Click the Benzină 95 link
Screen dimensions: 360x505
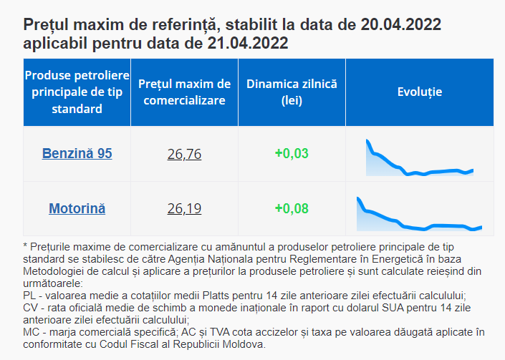77,153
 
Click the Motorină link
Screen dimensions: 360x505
77,209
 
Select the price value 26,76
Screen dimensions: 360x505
184,154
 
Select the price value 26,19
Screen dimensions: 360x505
184,209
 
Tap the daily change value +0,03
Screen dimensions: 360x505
292,153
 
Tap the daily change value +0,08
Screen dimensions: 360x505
292,209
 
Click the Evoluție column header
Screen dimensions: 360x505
420,92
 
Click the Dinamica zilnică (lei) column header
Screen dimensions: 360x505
292,92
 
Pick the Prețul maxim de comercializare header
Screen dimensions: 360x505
184,92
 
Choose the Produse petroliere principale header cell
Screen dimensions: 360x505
77,92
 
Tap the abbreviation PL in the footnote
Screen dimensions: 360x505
30,295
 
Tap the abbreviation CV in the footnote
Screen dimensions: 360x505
31,307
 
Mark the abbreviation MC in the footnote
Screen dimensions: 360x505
32,331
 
